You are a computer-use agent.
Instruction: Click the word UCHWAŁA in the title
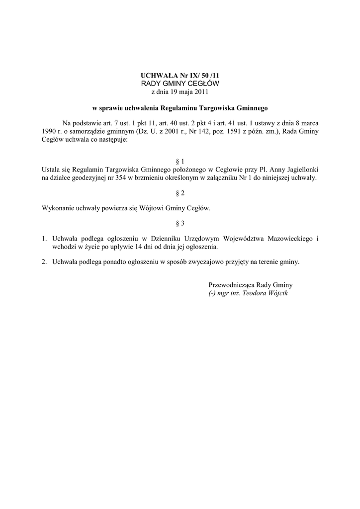coord(156,75)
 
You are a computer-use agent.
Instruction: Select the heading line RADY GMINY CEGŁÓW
coord(180,83)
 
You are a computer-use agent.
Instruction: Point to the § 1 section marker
coord(180,162)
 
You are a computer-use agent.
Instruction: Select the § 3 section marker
coord(180,223)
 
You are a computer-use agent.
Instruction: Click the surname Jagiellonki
coord(301,169)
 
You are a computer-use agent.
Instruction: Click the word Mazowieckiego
coord(290,239)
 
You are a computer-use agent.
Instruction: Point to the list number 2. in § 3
coord(45,261)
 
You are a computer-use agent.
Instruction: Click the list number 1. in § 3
coord(45,239)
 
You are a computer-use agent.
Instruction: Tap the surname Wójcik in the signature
coord(277,293)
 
